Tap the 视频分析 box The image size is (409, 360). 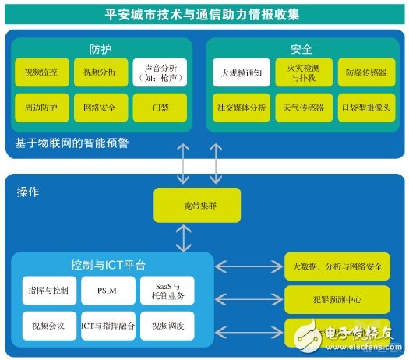pyautogui.click(x=99, y=73)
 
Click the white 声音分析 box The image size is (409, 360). pyautogui.click(x=160, y=73)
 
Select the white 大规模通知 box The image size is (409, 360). pyautogui.click(x=242, y=73)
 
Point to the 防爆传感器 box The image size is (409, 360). pyautogui.click(x=366, y=73)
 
